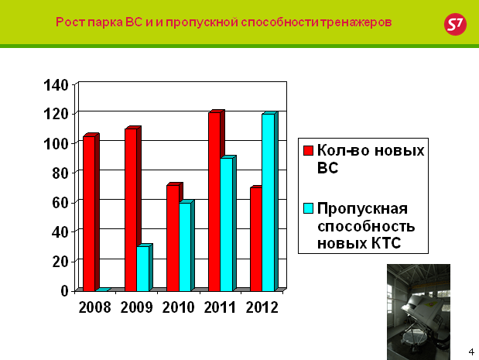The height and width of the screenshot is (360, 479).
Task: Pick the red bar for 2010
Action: pyautogui.click(x=173, y=237)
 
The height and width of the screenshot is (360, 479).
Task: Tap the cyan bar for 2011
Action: pyautogui.click(x=228, y=224)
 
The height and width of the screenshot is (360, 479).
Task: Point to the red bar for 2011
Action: pyautogui.click(x=215, y=201)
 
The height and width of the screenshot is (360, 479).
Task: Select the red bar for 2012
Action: pyautogui.click(x=256, y=238)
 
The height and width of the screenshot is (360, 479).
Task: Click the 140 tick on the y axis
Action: pyautogui.click(x=56, y=85)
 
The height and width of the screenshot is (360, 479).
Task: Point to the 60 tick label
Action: pyautogui.click(x=60, y=202)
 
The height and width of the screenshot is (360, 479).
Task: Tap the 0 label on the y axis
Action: pyautogui.click(x=64, y=290)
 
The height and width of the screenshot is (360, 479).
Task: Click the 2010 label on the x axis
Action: pyautogui.click(x=178, y=307)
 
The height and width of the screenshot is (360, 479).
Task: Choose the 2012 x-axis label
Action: pyautogui.click(x=262, y=307)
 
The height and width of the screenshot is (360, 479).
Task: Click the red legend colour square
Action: pyautogui.click(x=308, y=150)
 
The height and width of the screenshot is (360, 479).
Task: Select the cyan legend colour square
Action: pyautogui.click(x=308, y=208)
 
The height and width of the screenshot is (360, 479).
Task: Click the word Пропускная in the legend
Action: pyautogui.click(x=362, y=209)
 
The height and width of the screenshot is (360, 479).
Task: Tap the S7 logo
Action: pyautogui.click(x=455, y=24)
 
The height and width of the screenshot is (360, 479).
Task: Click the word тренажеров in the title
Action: pyautogui.click(x=356, y=22)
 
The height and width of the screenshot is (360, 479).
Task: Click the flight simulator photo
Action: pyautogui.click(x=419, y=312)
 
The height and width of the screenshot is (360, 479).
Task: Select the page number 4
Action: pyautogui.click(x=471, y=351)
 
